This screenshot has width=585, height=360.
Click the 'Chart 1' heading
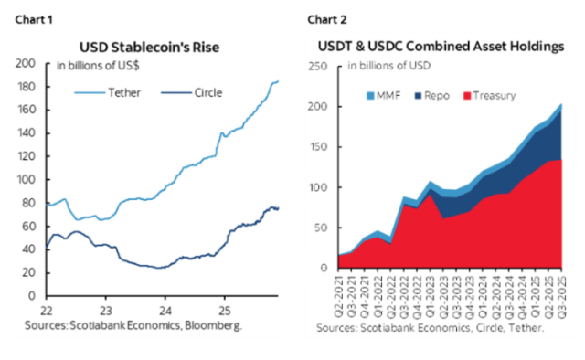[x=27, y=18]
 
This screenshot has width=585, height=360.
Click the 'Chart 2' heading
[x=327, y=18]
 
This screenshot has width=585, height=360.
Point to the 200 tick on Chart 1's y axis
[x=28, y=64]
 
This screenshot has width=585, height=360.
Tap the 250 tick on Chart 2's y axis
[x=320, y=67]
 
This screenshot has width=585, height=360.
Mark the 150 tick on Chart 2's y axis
[x=320, y=147]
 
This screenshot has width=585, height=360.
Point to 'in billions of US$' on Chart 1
[x=99, y=66]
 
